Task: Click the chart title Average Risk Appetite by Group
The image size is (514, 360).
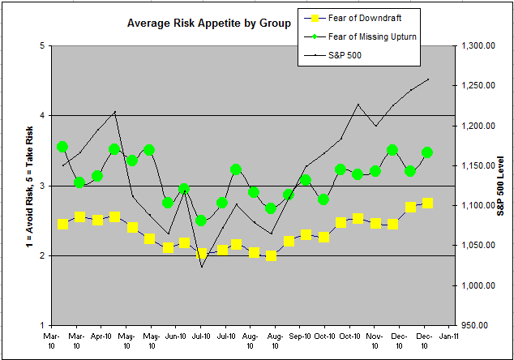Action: pyautogui.click(x=208, y=24)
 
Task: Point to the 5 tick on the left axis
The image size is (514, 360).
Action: pyautogui.click(x=41, y=46)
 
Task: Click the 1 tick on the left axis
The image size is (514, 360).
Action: pyautogui.click(x=41, y=326)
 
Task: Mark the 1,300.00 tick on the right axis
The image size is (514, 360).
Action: pyautogui.click(x=478, y=46)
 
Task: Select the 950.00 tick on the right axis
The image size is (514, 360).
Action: pyautogui.click(x=478, y=326)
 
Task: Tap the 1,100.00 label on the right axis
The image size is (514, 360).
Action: pyautogui.click(x=478, y=206)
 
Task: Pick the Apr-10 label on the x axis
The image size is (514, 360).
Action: pyautogui.click(x=101, y=335)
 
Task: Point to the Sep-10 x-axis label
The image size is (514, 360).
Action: pyautogui.click(x=300, y=335)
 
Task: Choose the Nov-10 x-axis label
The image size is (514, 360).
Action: pyautogui.click(x=375, y=335)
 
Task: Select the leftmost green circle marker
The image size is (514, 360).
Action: pyautogui.click(x=62, y=147)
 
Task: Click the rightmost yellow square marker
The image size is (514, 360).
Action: pyautogui.click(x=427, y=203)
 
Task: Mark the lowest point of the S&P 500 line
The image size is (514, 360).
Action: pyautogui.click(x=202, y=266)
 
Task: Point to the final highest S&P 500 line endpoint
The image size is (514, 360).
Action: pyautogui.click(x=428, y=79)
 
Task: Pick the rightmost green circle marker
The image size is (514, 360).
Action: pyautogui.click(x=427, y=152)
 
